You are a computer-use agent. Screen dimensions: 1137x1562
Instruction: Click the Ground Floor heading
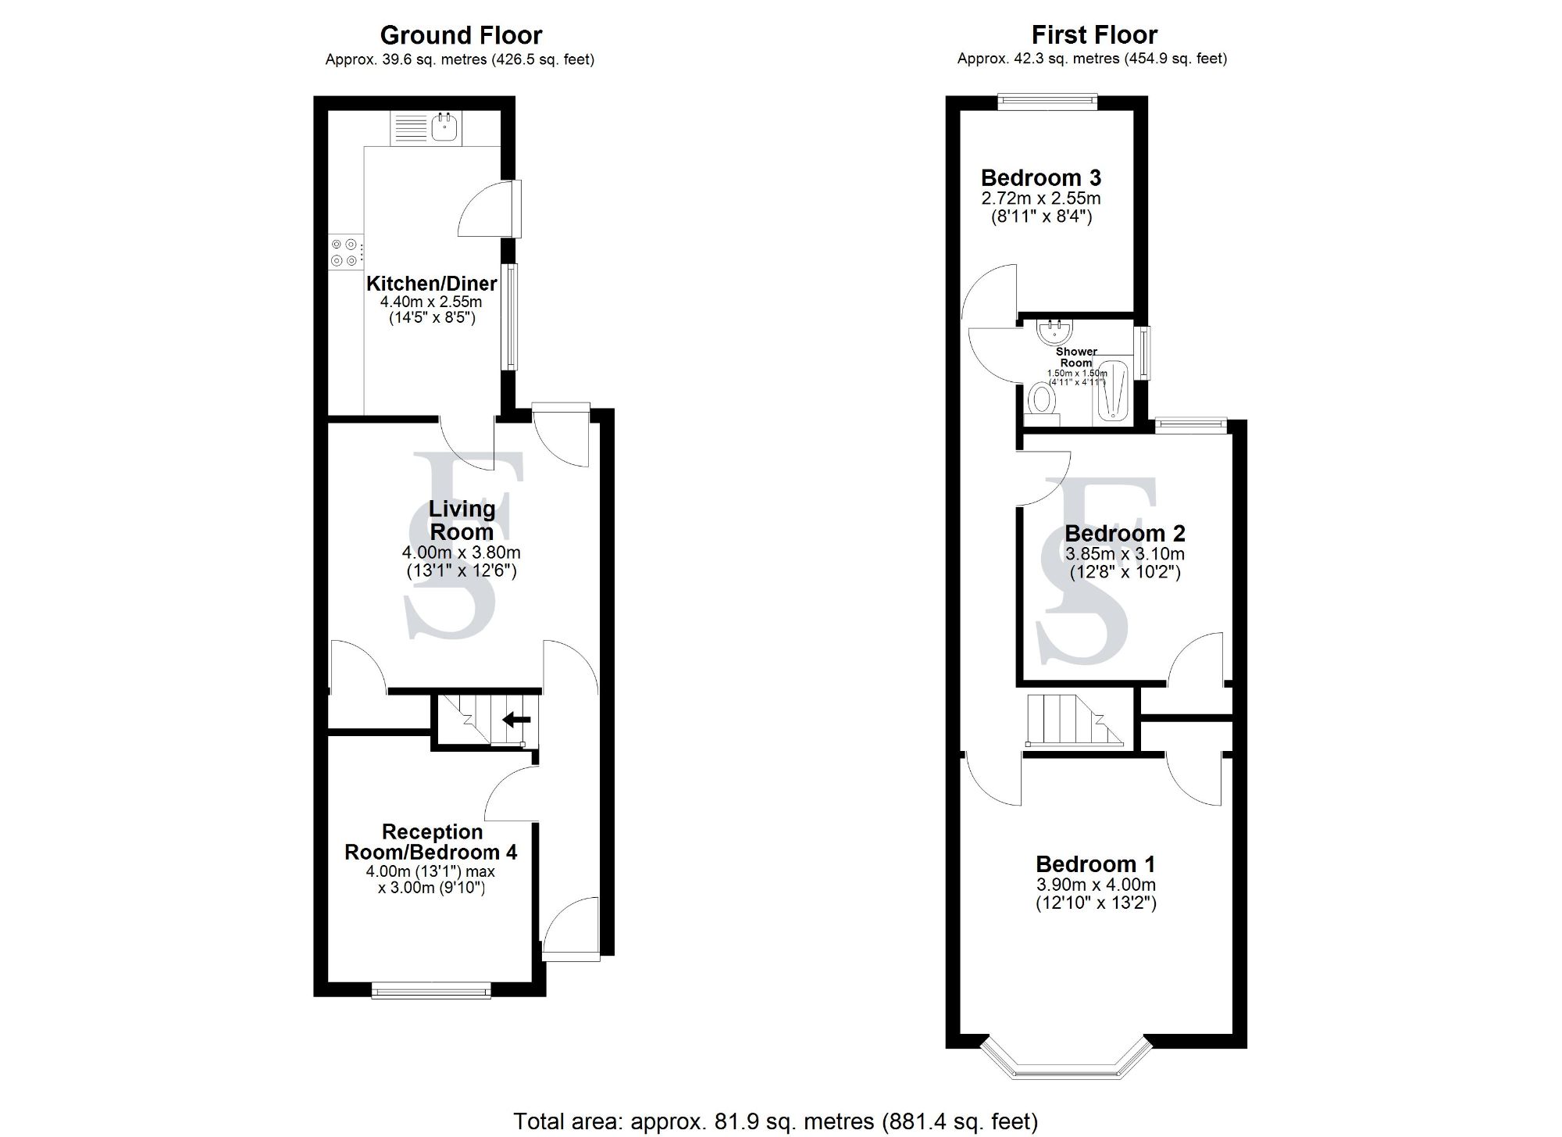461,35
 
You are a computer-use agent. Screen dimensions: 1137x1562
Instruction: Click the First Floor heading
1093,34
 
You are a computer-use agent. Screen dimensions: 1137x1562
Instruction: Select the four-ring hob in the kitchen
344,252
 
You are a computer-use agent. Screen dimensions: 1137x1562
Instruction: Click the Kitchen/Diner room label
431,283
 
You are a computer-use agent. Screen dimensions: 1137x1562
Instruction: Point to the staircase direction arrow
516,720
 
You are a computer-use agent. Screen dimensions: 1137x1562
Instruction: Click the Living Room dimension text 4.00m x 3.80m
461,552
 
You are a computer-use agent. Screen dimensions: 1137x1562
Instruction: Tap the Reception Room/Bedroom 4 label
431,842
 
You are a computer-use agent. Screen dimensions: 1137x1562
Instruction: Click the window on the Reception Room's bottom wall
431,992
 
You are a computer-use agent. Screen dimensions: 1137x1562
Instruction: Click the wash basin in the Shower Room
1055,331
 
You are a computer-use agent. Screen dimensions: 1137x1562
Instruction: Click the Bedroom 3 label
1040,177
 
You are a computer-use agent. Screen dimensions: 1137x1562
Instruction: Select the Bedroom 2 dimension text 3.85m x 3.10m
1125,554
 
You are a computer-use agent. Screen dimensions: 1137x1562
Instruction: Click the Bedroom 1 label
1095,864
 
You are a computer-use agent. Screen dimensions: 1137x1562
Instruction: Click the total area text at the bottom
775,1122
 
